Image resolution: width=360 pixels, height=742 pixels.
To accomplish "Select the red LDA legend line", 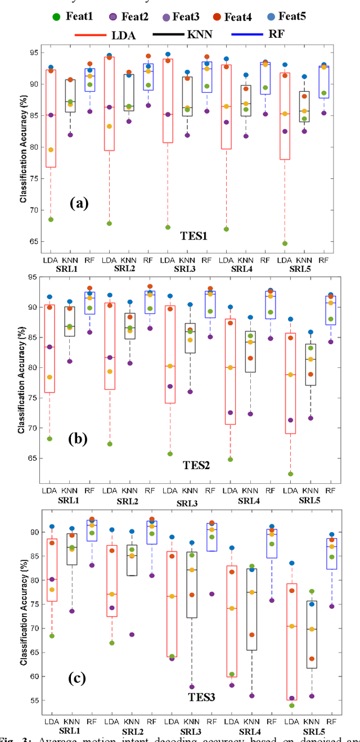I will coord(91,34).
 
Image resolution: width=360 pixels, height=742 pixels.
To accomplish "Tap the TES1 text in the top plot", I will coord(195,236).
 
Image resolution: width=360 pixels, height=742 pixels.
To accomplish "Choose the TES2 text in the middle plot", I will coord(196,465).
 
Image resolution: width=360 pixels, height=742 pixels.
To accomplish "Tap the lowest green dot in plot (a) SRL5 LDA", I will coord(285,244).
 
